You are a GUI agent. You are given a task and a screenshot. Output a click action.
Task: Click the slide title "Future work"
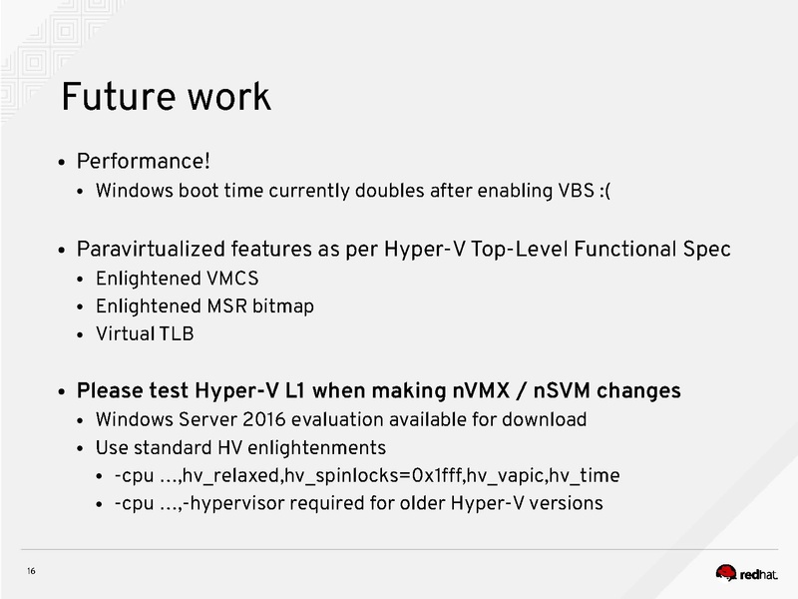tap(165, 97)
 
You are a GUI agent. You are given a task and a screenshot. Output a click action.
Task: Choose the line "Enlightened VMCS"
tap(176, 279)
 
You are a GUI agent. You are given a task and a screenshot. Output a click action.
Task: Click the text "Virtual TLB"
tap(145, 334)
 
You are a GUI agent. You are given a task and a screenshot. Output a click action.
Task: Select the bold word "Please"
tap(110, 390)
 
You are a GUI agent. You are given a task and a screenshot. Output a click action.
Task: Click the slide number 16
tap(32, 571)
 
